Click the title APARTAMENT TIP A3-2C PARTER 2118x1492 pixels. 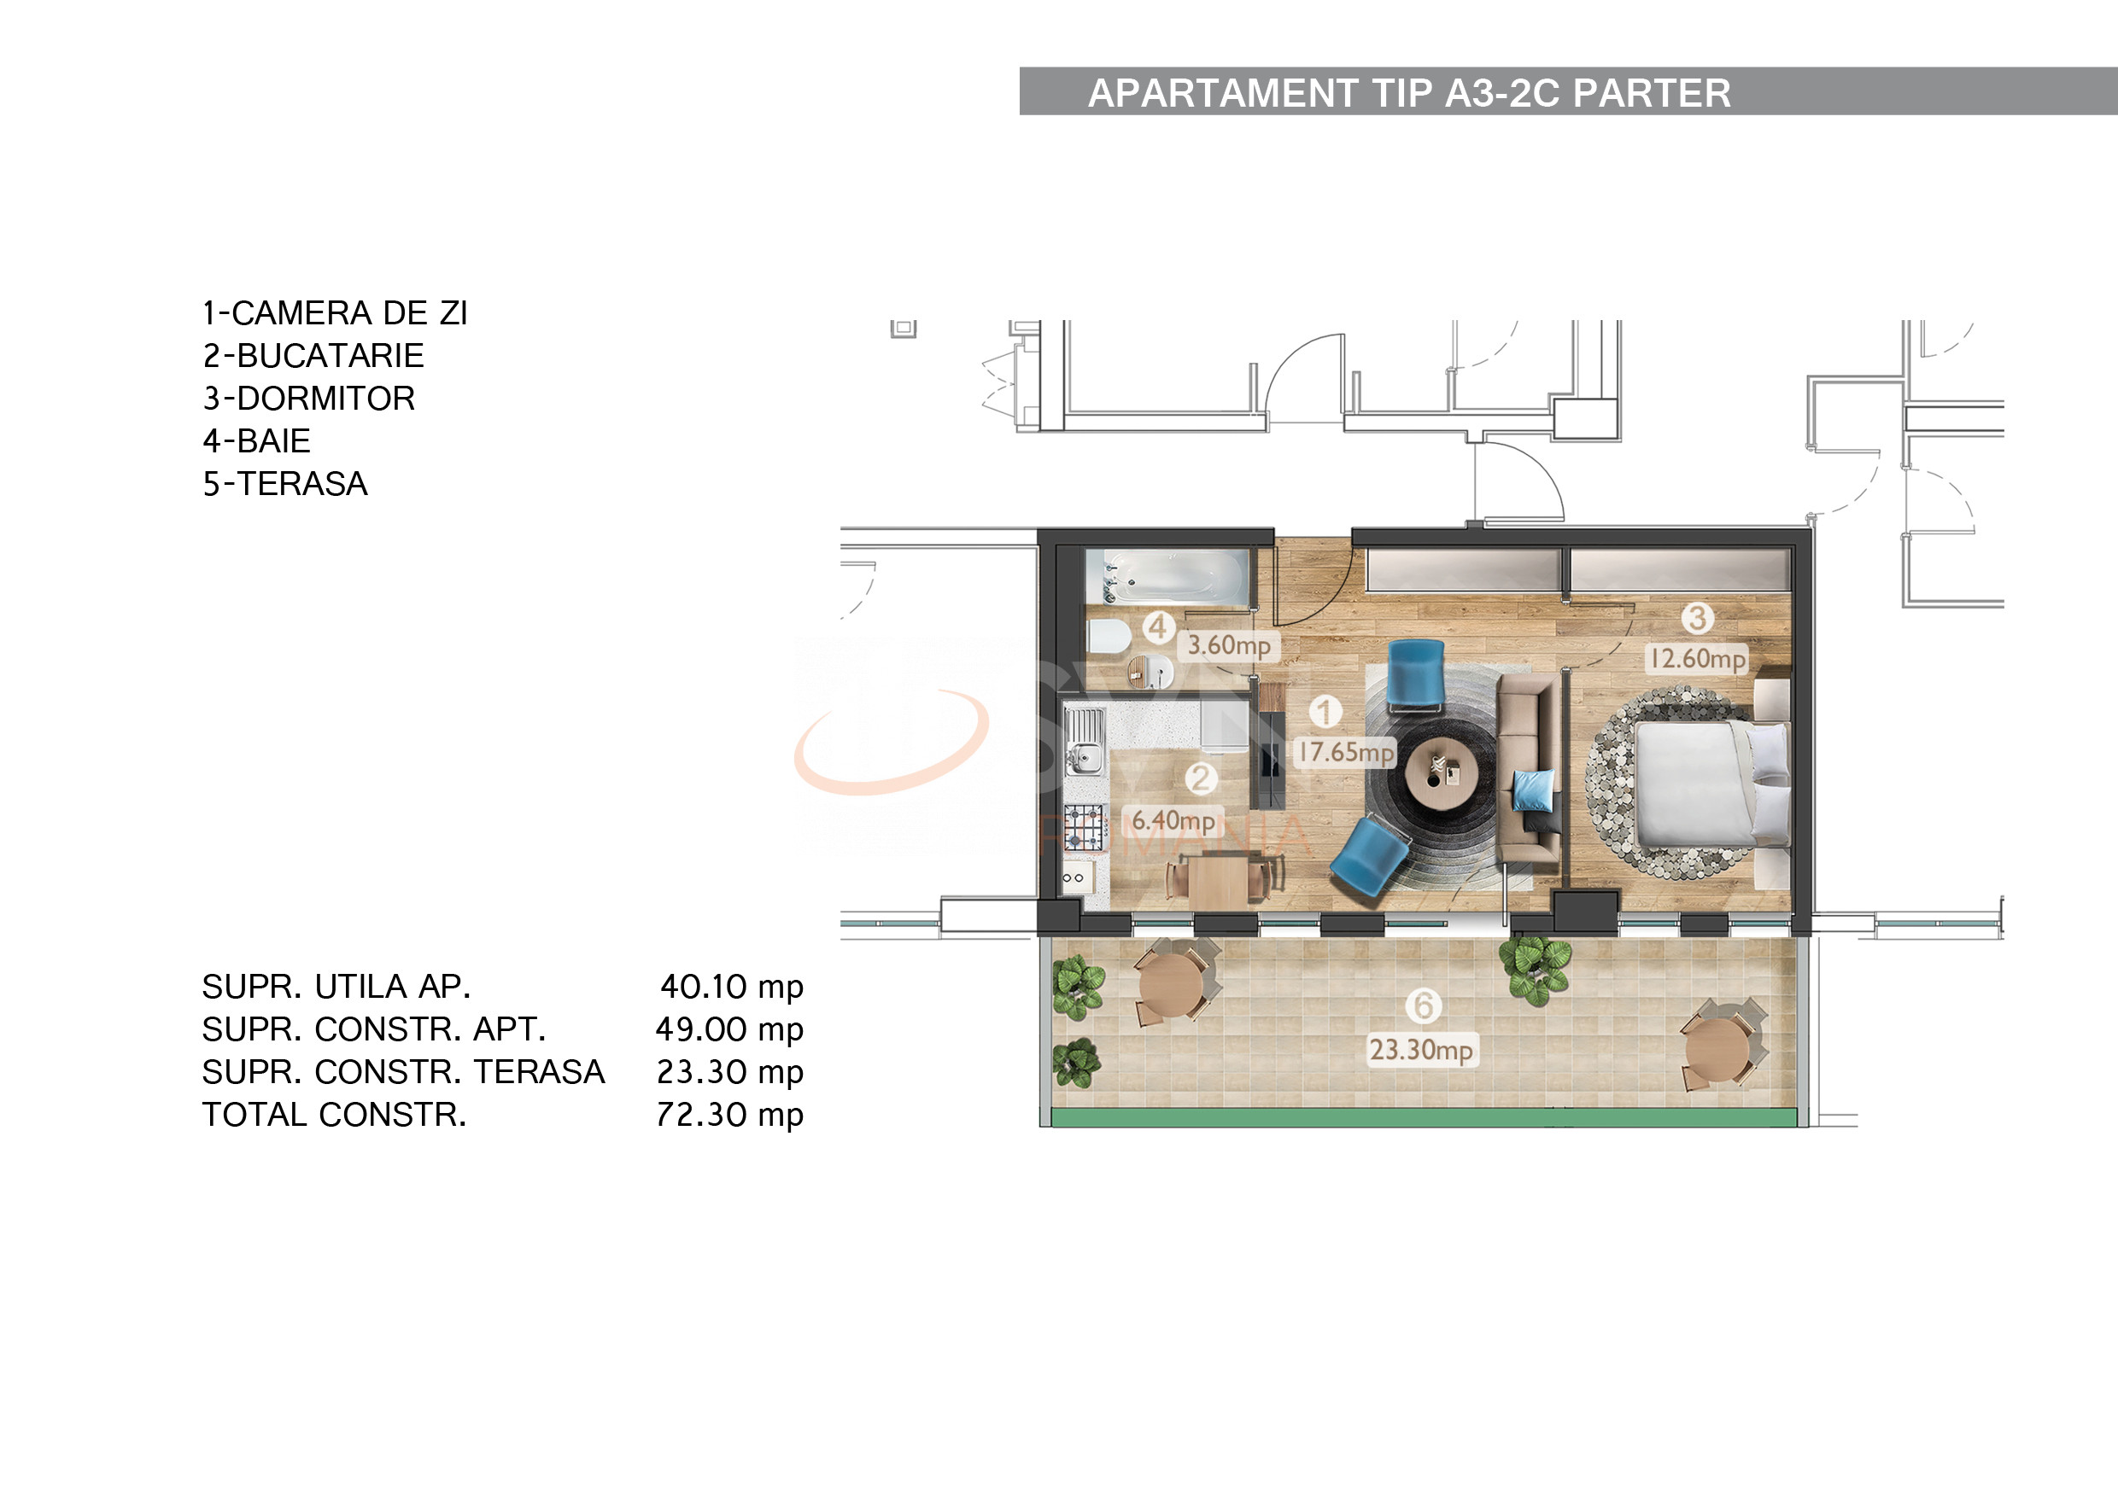[1408, 93]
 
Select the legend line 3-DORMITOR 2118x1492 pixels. [309, 399]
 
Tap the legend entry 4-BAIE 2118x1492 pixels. [256, 440]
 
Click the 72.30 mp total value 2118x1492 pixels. [728, 1115]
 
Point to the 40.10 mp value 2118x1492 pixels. [730, 987]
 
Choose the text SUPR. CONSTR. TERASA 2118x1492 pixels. [403, 1071]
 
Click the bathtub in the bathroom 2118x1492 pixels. [1166, 577]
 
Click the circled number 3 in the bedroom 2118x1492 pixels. [1696, 618]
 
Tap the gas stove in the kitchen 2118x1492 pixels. [1084, 827]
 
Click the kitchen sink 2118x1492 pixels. [1085, 743]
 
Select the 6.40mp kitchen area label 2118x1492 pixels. [1173, 821]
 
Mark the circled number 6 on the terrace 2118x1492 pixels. [1424, 1005]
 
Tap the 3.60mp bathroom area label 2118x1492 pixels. [1228, 645]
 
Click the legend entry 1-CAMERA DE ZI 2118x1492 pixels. [335, 313]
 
